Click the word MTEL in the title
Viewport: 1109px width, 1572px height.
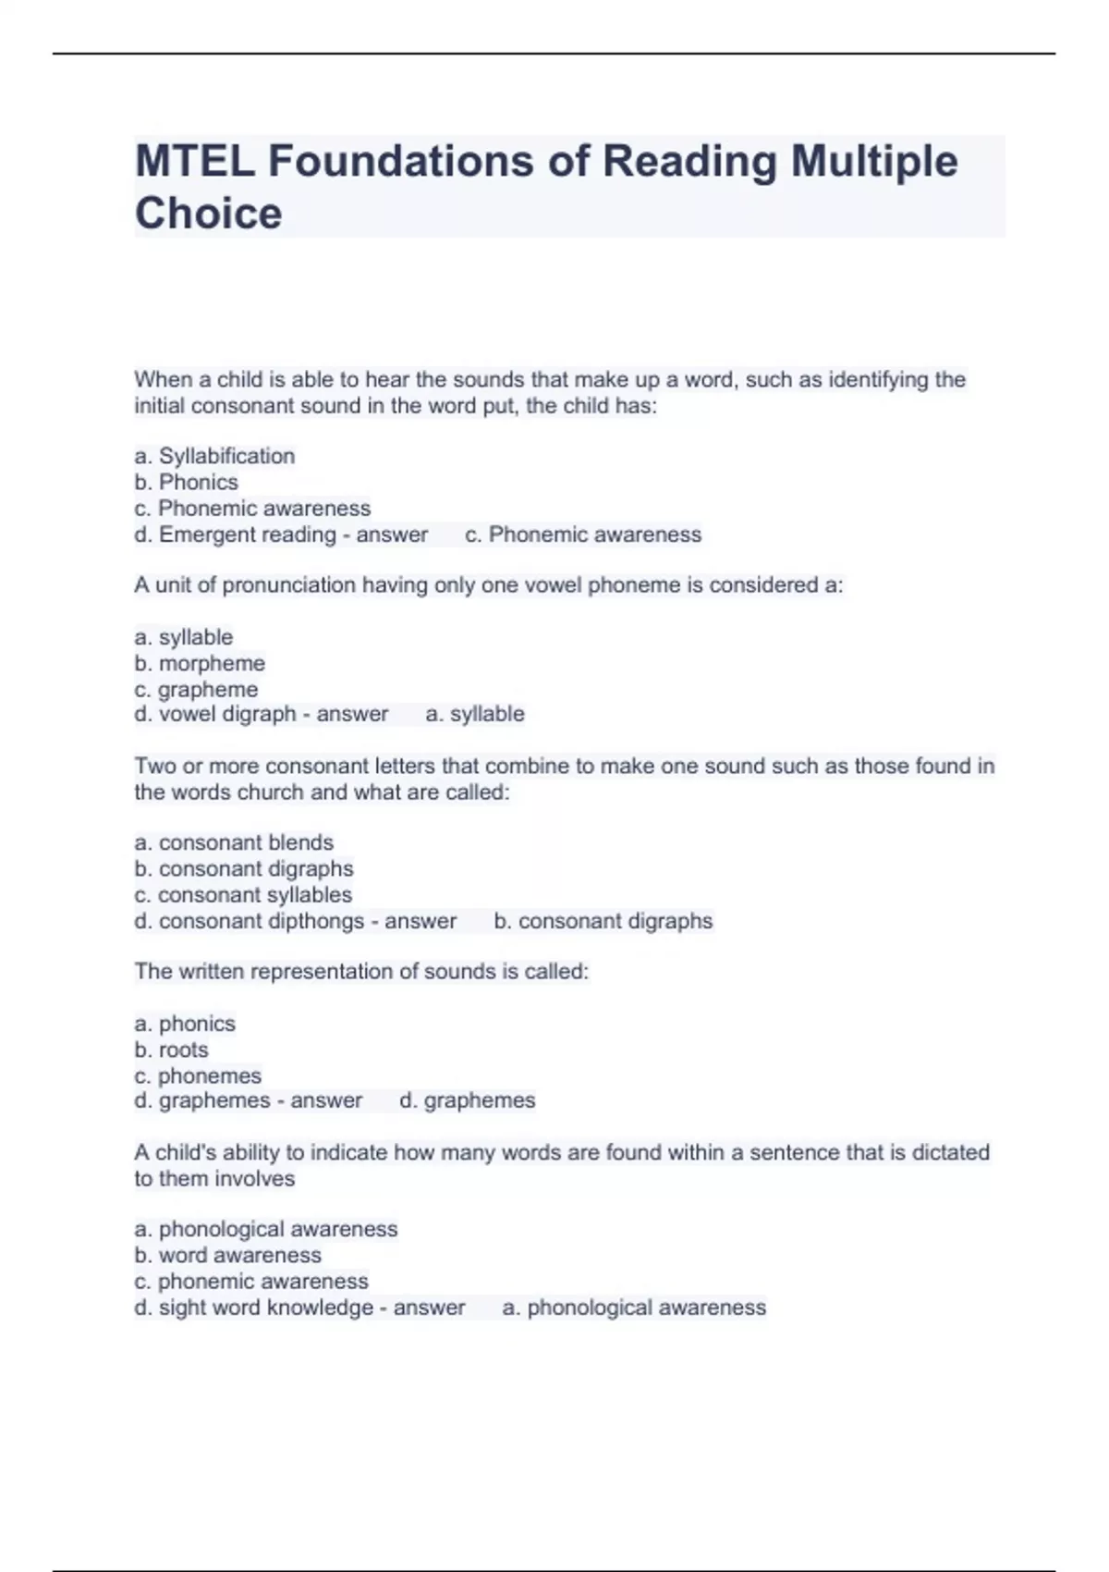click(195, 162)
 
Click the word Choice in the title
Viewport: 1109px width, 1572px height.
click(208, 214)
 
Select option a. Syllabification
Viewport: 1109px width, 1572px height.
click(214, 456)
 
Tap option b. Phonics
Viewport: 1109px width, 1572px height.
click(186, 482)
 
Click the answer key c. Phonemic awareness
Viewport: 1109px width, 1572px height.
click(583, 534)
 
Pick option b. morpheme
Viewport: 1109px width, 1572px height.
click(200, 663)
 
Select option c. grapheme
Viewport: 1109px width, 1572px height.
click(196, 689)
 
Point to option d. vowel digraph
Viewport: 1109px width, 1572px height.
click(215, 714)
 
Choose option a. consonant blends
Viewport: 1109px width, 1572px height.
click(234, 842)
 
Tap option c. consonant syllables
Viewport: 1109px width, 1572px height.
click(243, 895)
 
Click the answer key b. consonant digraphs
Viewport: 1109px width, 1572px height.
click(603, 921)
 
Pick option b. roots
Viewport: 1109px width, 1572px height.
click(171, 1050)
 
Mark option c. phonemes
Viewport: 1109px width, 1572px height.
click(198, 1075)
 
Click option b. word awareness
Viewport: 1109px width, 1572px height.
click(227, 1255)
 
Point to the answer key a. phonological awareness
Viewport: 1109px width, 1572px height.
click(634, 1308)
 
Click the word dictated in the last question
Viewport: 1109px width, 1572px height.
click(951, 1152)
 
